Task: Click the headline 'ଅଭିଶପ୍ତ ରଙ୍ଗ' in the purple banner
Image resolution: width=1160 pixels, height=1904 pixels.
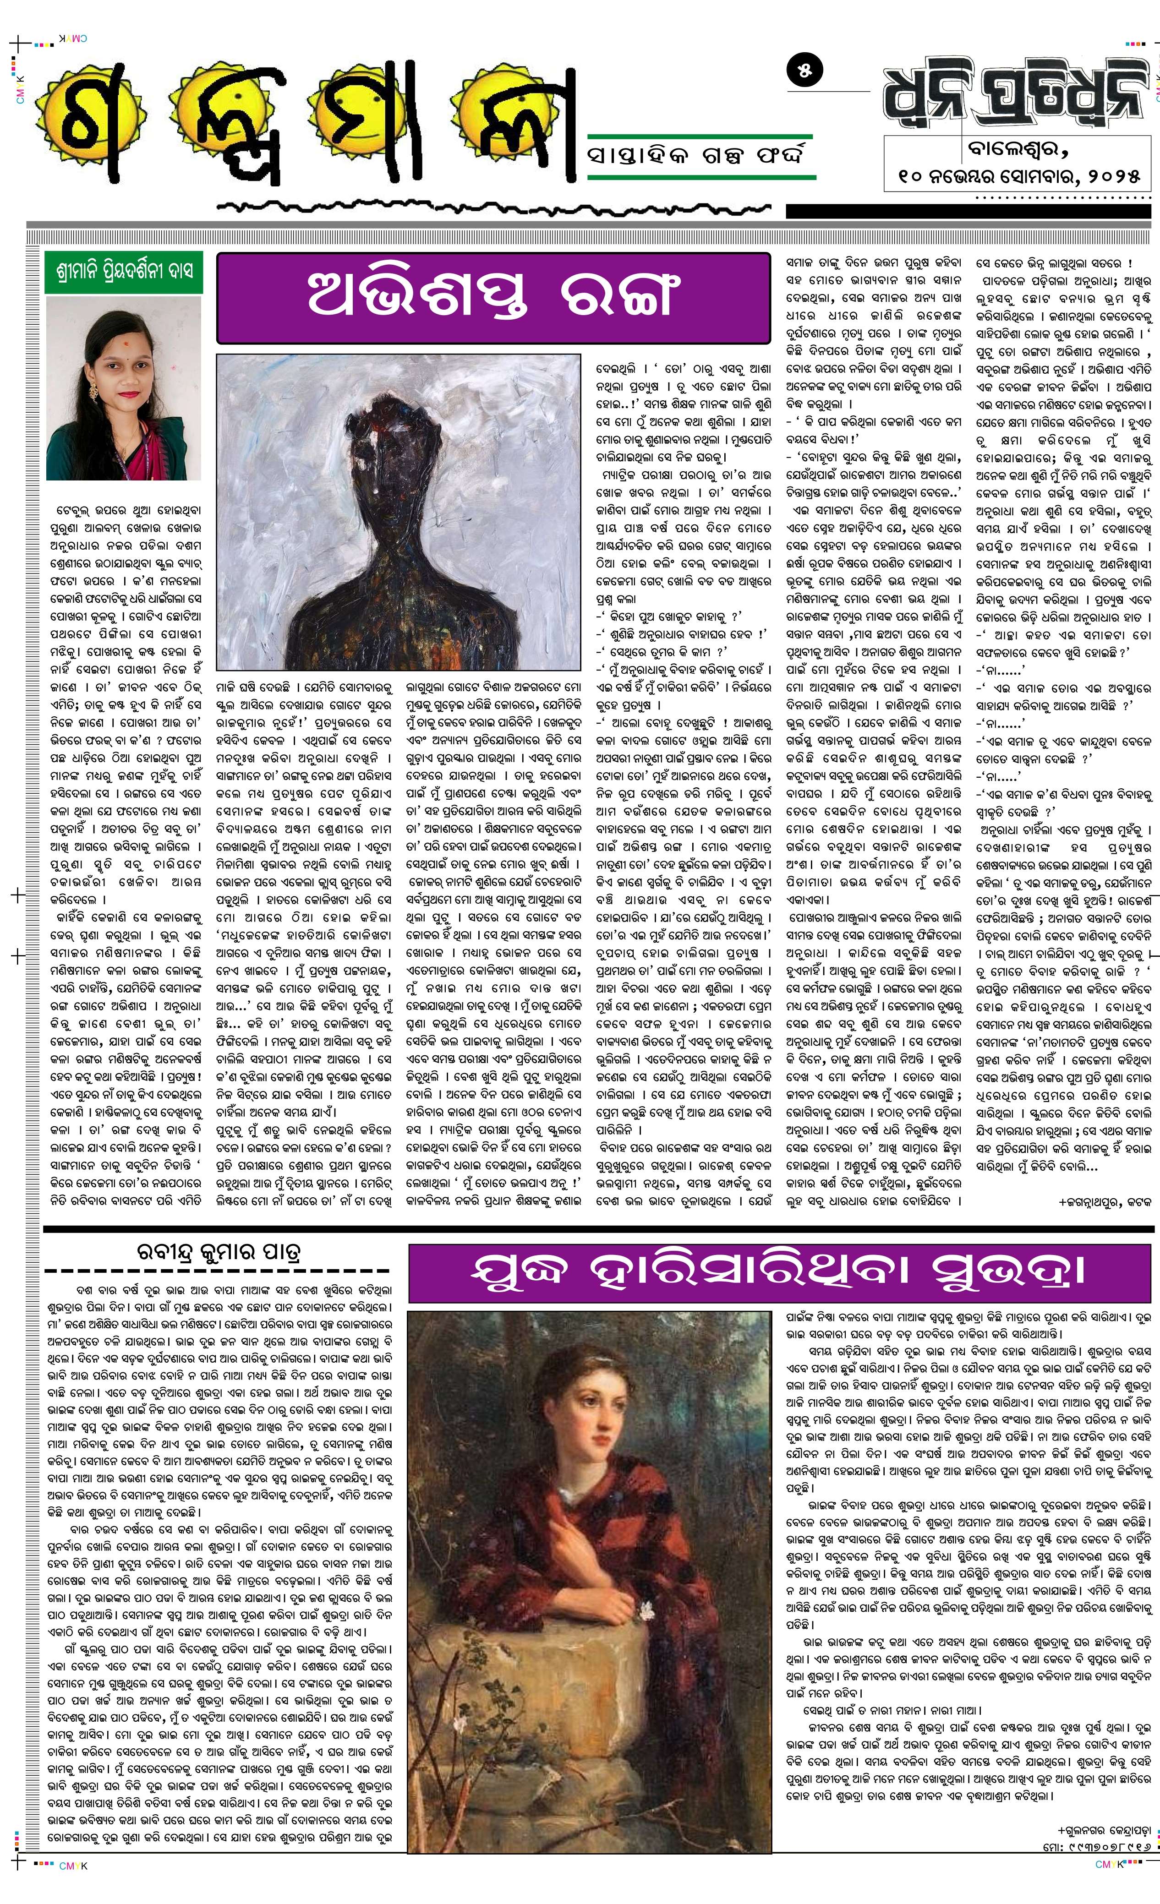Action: (493, 297)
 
